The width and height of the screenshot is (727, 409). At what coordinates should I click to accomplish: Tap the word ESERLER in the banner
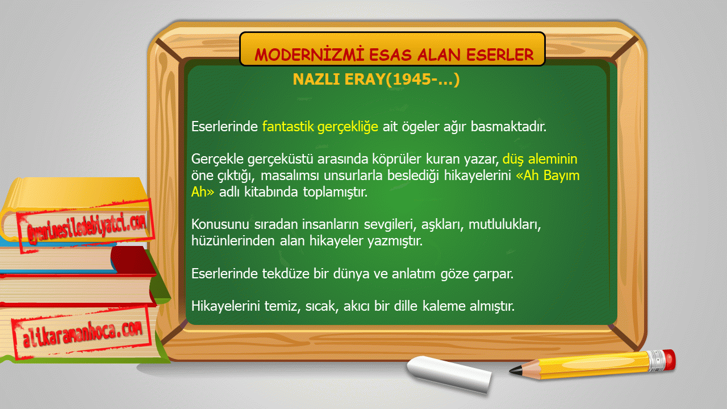[500, 55]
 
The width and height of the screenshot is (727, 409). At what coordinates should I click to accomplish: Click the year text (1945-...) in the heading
[423, 80]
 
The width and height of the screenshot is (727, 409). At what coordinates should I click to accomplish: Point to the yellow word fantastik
[288, 126]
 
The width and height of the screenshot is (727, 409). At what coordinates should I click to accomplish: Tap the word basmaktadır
[508, 126]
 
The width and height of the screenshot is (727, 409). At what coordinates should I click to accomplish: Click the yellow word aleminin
[553, 159]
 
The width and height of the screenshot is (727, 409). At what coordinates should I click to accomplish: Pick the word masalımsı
[290, 176]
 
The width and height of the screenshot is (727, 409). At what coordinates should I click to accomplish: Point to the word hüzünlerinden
[233, 240]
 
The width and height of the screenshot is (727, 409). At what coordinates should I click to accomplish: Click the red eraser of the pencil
[669, 360]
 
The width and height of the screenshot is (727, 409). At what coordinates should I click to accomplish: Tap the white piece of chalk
[449, 374]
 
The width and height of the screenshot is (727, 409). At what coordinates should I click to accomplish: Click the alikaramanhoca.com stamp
[82, 333]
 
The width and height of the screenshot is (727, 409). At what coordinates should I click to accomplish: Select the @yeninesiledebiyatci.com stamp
[86, 226]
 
